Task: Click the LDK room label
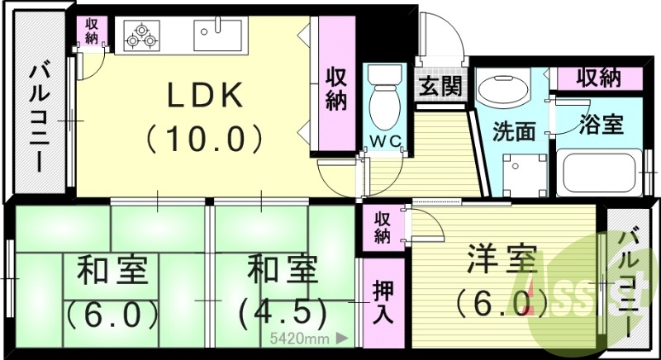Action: pos(206,97)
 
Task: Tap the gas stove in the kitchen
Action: pos(141,36)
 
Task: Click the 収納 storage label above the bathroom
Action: pos(599,78)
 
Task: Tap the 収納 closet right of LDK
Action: pos(335,89)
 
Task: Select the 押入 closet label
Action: pos(383,302)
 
